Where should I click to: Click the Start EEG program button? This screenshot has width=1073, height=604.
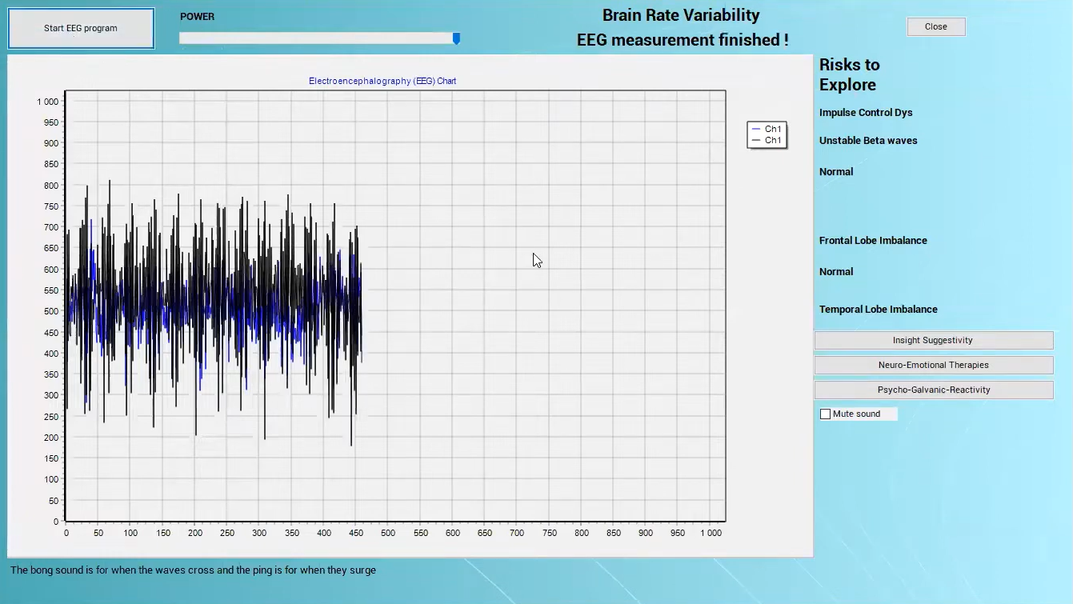(x=81, y=28)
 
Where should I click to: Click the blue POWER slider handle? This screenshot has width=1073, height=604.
(x=457, y=38)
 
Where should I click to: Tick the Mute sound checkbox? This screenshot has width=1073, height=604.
(x=825, y=414)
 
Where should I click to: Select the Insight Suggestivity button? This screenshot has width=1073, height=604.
(x=934, y=340)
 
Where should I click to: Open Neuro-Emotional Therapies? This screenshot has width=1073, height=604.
(x=934, y=365)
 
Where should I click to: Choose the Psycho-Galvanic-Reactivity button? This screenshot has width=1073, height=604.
(x=934, y=390)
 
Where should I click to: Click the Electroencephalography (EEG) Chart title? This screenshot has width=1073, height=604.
(x=382, y=81)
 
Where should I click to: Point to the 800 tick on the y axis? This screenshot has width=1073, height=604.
(x=51, y=186)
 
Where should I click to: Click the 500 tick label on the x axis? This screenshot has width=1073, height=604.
(x=388, y=533)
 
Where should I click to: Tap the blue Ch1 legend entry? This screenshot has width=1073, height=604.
(x=767, y=129)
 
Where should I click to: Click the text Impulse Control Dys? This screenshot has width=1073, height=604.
(x=866, y=113)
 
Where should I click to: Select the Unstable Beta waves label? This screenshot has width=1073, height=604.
(x=868, y=140)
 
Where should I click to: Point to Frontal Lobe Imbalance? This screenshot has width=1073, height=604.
(x=873, y=241)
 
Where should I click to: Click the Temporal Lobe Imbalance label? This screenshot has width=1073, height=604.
(x=878, y=310)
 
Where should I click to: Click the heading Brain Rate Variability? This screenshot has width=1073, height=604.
(x=681, y=15)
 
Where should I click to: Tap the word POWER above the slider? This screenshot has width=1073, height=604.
(x=198, y=16)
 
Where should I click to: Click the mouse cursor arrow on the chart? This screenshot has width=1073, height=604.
(x=537, y=261)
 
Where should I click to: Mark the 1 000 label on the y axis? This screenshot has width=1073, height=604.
(x=48, y=102)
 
